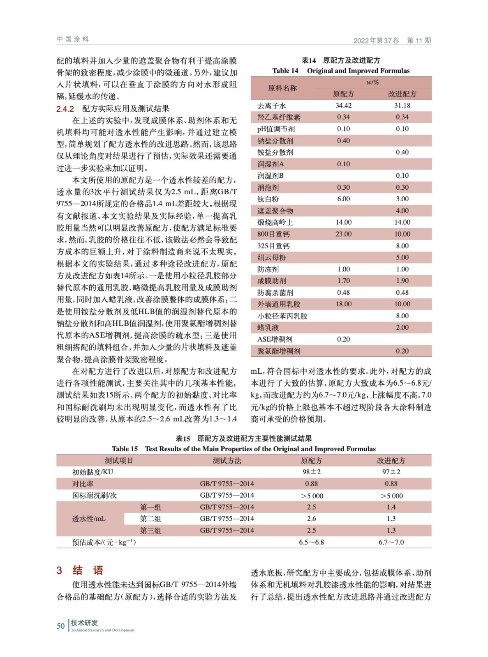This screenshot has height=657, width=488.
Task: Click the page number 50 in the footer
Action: point(60,626)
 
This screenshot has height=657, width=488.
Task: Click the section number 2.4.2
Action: point(65,109)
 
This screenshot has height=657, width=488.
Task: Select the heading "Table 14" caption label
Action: point(285,71)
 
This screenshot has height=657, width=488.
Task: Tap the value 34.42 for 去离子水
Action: point(343,106)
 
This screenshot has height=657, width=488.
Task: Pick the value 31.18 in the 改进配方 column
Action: point(402,106)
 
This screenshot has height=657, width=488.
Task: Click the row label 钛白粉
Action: point(268,199)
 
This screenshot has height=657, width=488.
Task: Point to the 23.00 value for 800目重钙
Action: point(343,234)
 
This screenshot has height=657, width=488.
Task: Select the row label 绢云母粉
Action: point(271,257)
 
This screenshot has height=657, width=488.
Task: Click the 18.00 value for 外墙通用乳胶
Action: point(343,304)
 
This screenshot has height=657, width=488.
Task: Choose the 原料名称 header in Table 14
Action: point(282,88)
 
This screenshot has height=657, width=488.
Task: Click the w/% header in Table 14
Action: point(372,82)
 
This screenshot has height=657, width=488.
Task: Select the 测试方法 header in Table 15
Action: point(227,461)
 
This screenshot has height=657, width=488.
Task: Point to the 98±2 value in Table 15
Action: point(311,472)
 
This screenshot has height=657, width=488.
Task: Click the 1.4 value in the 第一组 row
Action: point(391,507)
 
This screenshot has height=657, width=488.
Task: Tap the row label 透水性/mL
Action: point(89,519)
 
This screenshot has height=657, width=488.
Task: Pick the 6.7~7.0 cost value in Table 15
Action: point(391,542)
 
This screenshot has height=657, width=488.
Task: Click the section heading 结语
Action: point(88,570)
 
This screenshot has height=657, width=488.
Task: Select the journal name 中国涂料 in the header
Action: point(73,39)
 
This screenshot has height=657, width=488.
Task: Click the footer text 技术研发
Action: point(84,623)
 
